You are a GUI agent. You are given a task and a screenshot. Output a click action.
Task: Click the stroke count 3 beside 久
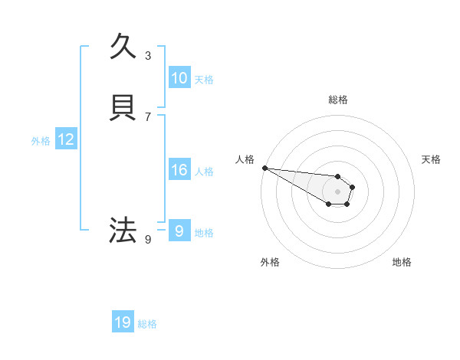tap(148, 55)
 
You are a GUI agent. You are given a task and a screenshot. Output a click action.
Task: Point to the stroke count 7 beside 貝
tap(148, 117)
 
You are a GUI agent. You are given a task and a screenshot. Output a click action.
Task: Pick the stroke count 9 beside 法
tap(148, 239)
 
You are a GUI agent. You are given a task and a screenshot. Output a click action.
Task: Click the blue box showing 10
tap(179, 78)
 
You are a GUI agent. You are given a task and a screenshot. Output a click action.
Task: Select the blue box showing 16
tap(179, 170)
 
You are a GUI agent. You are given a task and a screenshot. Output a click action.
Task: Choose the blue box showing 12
tap(66, 139)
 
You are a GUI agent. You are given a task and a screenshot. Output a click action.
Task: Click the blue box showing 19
tap(123, 322)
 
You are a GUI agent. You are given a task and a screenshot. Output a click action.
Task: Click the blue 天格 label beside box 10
tap(204, 80)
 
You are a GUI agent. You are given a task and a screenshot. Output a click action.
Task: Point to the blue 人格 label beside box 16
tap(204, 172)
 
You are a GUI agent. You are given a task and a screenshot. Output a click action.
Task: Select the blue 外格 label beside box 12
tap(41, 141)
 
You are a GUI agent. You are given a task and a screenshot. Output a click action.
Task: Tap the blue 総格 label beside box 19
tap(147, 324)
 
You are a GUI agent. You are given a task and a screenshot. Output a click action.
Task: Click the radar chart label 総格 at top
tap(338, 100)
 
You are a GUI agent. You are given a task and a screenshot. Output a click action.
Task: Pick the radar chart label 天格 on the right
tap(431, 159)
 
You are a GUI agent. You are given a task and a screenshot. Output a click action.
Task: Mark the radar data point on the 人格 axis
tap(264, 168)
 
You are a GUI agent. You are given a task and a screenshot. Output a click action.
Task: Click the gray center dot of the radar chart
tap(338, 191)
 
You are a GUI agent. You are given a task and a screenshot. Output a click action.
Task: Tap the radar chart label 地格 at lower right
tap(402, 262)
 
